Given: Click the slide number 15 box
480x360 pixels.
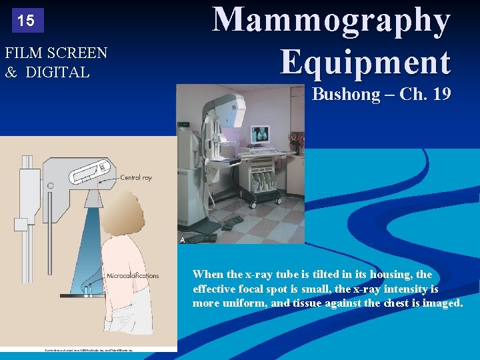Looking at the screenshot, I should pos(26,21).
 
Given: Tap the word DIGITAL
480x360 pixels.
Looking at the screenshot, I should pos(57,72).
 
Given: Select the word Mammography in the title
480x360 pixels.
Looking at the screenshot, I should pos(331,20).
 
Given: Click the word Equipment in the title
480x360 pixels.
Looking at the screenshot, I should pos(365,62).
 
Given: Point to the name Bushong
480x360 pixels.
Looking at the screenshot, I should pos(345,94).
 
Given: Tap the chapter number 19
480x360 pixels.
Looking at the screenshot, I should pos(441,94).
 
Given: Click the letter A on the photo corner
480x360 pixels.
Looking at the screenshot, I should pos(181,239).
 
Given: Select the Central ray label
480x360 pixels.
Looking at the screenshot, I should pos(136,178).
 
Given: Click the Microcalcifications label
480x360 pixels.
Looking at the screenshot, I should pos(133,275).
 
